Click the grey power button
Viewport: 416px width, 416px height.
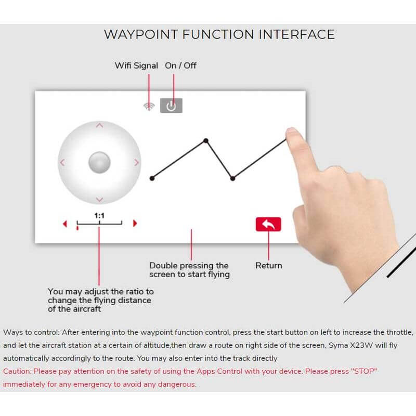(x=171, y=106)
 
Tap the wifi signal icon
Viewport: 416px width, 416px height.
(x=149, y=107)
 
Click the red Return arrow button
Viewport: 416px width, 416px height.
(x=268, y=224)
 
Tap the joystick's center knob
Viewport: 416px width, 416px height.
(x=99, y=162)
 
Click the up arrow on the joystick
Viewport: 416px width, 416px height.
(x=99, y=125)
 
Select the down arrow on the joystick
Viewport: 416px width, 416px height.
(x=99, y=200)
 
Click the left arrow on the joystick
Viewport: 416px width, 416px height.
(x=62, y=162)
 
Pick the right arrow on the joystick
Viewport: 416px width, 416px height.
(x=136, y=162)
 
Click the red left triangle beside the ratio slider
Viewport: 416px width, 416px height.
(x=65, y=224)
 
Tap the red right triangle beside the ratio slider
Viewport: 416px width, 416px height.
(x=135, y=224)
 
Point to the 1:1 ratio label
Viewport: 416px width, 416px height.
(x=99, y=215)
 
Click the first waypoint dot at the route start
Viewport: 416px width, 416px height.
(x=152, y=178)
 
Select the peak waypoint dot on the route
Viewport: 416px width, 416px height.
(x=206, y=140)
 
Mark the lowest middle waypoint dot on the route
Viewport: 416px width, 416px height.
(x=232, y=178)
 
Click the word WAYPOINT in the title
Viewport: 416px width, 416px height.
(x=141, y=34)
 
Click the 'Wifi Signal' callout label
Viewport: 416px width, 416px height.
(x=136, y=66)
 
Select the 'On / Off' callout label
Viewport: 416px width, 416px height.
(x=180, y=66)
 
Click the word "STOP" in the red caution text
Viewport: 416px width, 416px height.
(x=364, y=371)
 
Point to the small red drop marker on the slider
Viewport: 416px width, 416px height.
(x=77, y=228)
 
